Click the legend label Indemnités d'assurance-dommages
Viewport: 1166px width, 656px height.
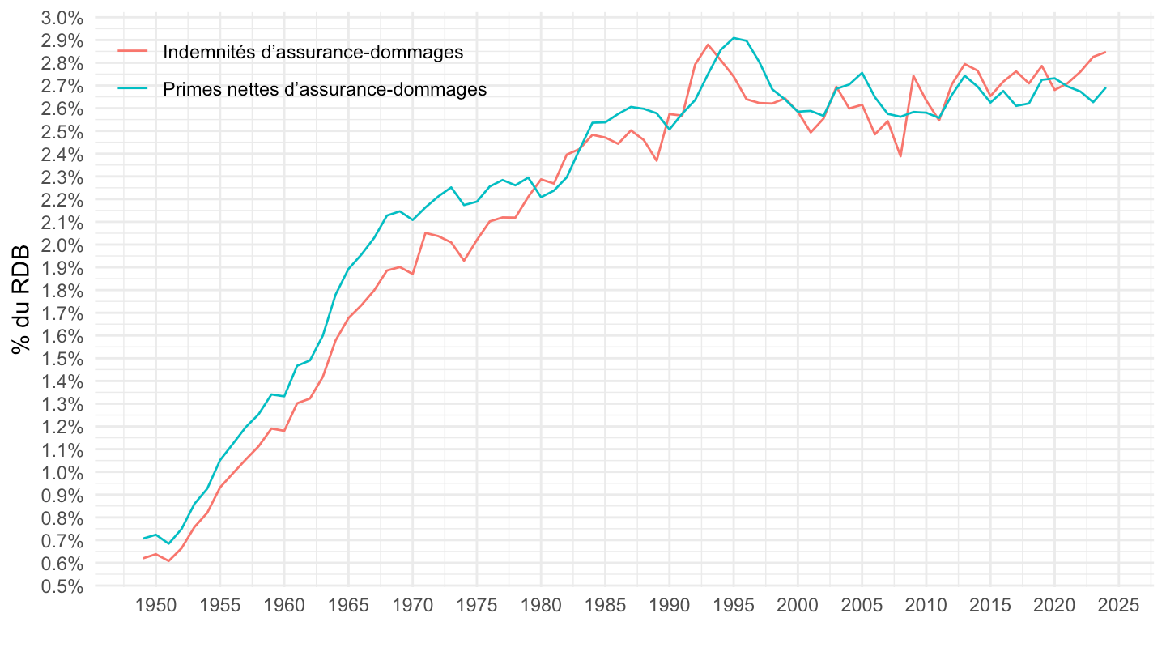[x=313, y=52]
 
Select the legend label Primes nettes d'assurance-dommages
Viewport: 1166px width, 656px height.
[x=325, y=89]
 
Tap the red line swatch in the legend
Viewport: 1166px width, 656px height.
[x=134, y=52]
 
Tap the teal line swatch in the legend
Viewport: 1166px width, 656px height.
[x=134, y=89]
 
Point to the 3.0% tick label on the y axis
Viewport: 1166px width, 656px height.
[x=62, y=18]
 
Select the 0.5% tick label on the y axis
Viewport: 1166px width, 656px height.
[x=62, y=586]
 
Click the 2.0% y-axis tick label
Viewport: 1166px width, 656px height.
[x=62, y=245]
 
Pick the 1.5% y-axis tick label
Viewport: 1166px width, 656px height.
[x=62, y=359]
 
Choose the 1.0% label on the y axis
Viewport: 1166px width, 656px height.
[x=62, y=472]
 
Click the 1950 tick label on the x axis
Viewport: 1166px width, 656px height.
[x=156, y=605]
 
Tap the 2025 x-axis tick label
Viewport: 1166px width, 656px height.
[x=1119, y=605]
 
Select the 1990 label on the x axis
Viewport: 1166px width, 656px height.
[x=670, y=605]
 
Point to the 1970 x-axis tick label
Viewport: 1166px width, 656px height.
[x=413, y=605]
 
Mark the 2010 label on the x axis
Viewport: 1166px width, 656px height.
[x=926, y=605]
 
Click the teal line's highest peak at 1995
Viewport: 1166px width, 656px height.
[x=734, y=37]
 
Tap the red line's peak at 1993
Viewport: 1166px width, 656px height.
[x=708, y=45]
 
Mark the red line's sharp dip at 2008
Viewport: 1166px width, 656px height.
[x=900, y=156]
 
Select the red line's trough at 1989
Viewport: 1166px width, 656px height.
[x=657, y=160]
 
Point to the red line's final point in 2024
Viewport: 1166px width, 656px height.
[x=1106, y=52]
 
